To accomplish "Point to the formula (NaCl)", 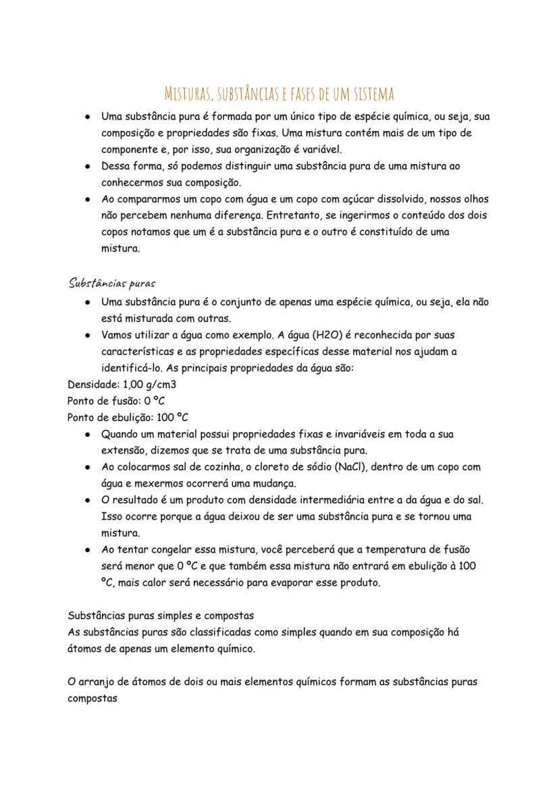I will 348,467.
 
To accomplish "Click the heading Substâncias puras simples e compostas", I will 161,616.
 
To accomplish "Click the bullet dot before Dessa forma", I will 88,166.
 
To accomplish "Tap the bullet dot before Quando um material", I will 88,435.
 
